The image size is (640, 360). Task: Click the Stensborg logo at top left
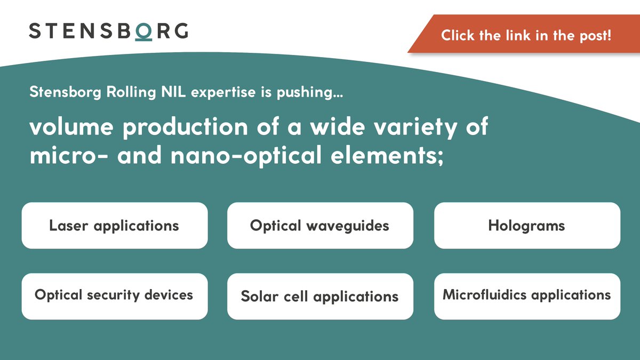pos(108,30)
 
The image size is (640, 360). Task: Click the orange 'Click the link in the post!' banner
pos(525,36)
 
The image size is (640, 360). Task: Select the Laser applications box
pos(114,226)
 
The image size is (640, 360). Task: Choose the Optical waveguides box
pos(320,226)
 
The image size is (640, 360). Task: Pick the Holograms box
pos(526,226)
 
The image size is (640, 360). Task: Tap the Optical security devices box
pos(114,296)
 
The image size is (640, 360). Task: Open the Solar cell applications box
pos(320,297)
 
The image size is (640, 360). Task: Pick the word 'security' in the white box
pos(114,295)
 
